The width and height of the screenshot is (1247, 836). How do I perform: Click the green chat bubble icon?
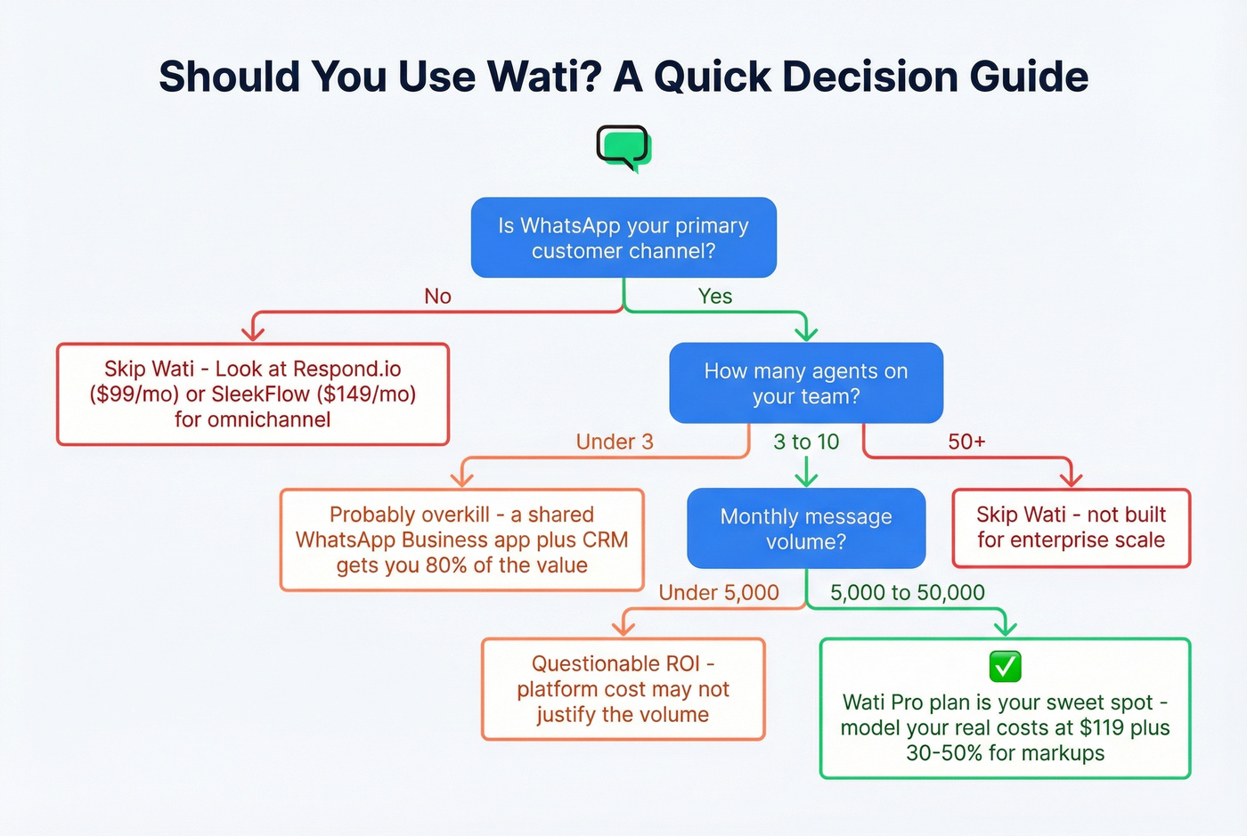point(623,148)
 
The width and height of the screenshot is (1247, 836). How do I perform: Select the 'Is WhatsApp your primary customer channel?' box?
point(623,238)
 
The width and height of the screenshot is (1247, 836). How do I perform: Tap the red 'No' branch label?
point(437,296)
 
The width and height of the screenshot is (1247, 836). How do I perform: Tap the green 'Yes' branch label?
point(715,296)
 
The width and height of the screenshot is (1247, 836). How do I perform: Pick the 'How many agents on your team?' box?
point(806,383)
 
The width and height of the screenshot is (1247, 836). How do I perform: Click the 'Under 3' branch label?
point(615,442)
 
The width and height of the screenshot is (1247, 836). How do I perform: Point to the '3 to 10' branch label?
point(806,442)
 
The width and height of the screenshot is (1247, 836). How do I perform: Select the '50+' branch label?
point(966,442)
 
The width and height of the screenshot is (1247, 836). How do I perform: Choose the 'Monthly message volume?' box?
point(806,529)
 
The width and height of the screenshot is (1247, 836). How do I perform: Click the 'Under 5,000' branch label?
point(719,593)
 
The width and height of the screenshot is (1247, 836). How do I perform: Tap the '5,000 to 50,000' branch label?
point(908,593)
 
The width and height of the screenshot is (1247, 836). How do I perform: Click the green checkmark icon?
point(1005,666)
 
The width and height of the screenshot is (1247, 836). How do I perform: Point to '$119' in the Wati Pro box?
point(1102,727)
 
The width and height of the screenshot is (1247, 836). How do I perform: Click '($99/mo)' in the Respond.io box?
point(134,394)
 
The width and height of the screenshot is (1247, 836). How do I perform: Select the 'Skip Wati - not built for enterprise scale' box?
point(1071,527)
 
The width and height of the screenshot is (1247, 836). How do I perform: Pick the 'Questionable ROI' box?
point(623,689)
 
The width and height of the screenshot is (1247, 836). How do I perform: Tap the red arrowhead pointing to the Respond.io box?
point(254,334)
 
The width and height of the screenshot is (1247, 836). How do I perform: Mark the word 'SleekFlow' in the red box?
point(260,394)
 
